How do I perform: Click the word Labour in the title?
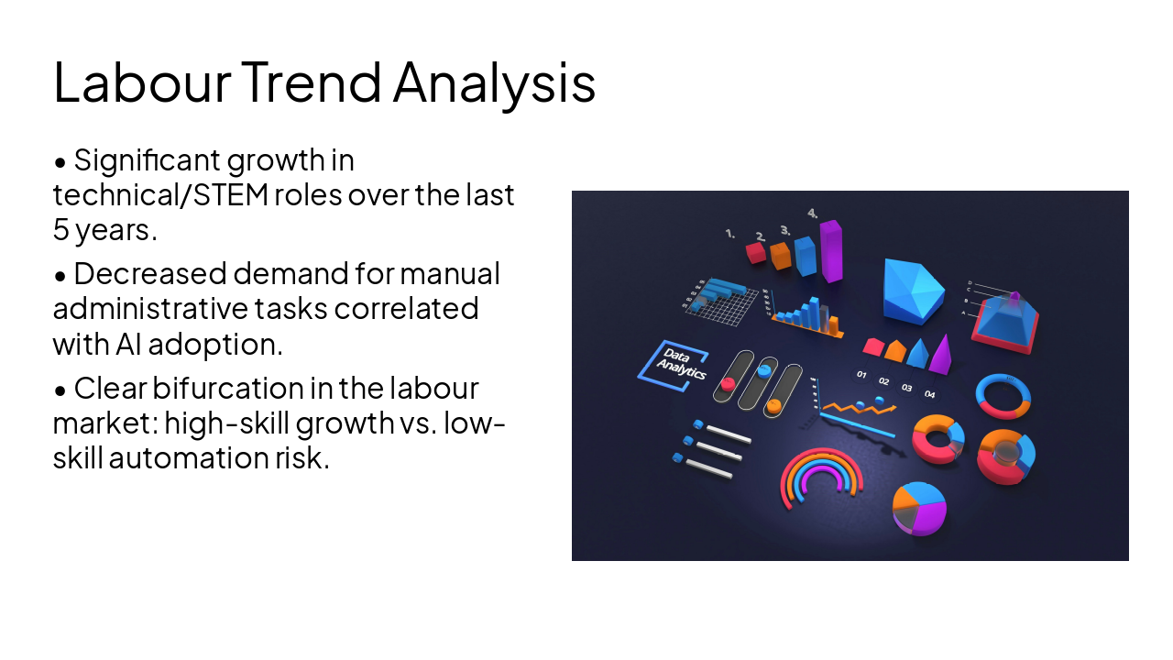pos(142,82)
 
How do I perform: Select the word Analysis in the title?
pos(494,82)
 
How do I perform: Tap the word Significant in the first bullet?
pos(148,160)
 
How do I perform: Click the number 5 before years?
pos(60,230)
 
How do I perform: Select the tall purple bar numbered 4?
pos(830,249)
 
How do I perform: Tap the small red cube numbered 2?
pos(755,251)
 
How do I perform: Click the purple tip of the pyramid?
pos(1014,297)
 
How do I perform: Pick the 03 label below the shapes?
pos(906,388)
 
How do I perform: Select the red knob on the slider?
pos(729,384)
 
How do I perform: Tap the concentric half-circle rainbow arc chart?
pos(821,477)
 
